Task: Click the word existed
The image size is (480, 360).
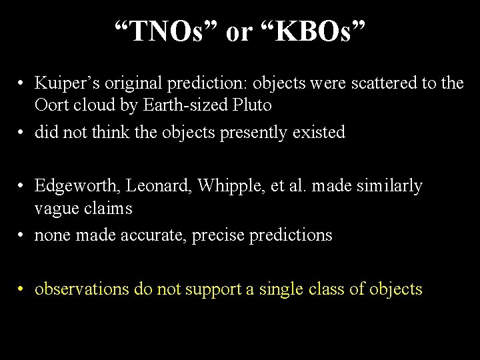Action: tap(319, 132)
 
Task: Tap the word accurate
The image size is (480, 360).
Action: tap(144, 235)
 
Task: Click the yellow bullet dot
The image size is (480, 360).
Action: tap(22, 289)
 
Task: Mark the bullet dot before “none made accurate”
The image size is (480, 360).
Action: tap(22, 235)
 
